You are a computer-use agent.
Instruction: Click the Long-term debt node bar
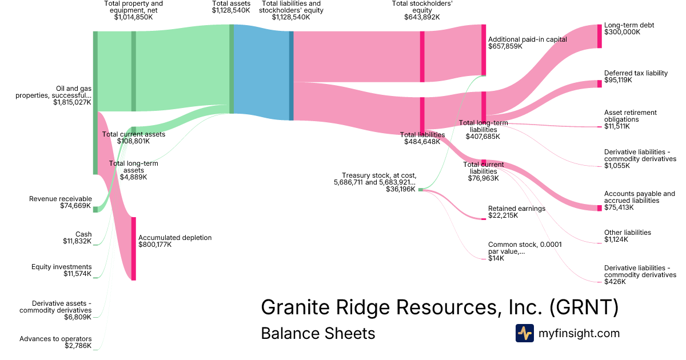coord(600,36)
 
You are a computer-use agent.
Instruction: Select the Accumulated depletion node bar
coord(134,249)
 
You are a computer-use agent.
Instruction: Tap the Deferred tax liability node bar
coord(600,84)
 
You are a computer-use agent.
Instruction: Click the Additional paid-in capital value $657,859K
coord(505,46)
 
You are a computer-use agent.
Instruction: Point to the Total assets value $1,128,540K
coord(231,10)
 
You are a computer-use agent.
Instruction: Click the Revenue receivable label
coord(60,199)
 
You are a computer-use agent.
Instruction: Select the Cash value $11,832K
coord(77,241)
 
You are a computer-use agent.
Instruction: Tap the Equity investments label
coord(61,267)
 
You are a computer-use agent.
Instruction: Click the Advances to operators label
coord(55,339)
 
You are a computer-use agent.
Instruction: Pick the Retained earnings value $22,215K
coord(503,215)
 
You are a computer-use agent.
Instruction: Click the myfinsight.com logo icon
coord(525,333)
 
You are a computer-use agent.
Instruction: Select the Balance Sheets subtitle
coord(318,333)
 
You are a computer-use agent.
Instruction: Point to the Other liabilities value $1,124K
coord(616,239)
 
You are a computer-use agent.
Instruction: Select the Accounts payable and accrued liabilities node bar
coord(600,207)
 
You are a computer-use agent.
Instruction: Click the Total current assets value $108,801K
coord(133,141)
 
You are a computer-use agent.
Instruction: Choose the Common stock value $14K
coord(496,258)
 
